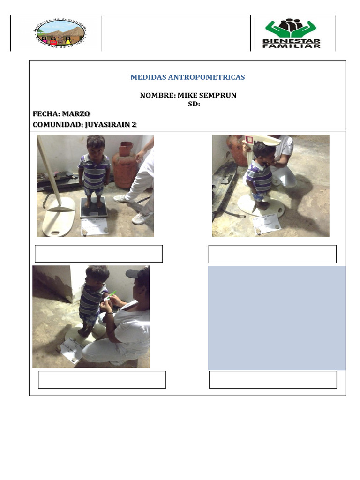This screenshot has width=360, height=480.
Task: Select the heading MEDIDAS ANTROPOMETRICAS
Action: [188, 77]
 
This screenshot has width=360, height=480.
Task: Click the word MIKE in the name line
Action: [186, 95]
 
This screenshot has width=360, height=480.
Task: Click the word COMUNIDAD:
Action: [57, 124]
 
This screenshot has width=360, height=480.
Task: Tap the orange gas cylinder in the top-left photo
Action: [124, 164]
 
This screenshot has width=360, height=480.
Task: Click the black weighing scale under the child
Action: [94, 208]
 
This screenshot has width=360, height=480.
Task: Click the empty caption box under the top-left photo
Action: [98, 254]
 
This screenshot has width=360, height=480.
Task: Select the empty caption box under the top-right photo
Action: [272, 254]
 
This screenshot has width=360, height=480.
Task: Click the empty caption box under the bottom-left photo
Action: [102, 380]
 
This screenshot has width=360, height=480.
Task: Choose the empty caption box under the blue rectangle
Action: [272, 380]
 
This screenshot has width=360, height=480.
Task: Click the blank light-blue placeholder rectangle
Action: [277, 318]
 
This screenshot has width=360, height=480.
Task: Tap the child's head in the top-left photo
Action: [96, 145]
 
